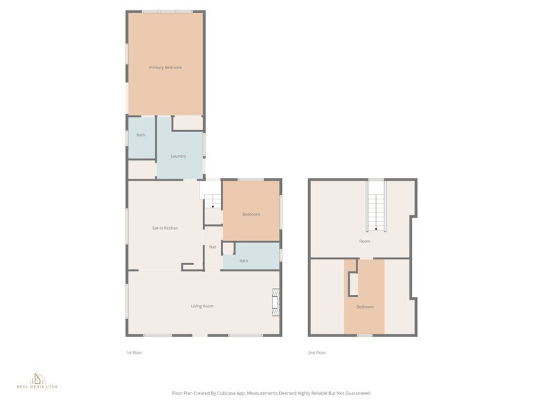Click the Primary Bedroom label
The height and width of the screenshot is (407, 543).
pyautogui.click(x=166, y=67)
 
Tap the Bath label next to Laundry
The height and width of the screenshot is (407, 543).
pyautogui.click(x=141, y=135)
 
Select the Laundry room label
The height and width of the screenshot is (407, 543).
pyautogui.click(x=178, y=156)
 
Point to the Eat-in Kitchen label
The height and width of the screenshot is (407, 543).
pyautogui.click(x=165, y=228)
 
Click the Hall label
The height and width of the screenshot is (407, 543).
pyautogui.click(x=213, y=247)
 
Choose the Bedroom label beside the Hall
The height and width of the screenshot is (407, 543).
pyautogui.click(x=251, y=215)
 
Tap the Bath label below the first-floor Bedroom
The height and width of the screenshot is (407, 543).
pyautogui.click(x=244, y=261)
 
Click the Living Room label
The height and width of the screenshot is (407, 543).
pyautogui.click(x=202, y=306)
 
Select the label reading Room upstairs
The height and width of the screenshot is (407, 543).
pyautogui.click(x=364, y=242)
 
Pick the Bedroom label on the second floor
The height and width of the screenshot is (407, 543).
pyautogui.click(x=364, y=307)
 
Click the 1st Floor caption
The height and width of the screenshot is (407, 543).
pyautogui.click(x=134, y=353)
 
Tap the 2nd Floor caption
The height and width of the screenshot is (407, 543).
pyautogui.click(x=317, y=353)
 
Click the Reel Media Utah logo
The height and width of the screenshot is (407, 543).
pyautogui.click(x=38, y=379)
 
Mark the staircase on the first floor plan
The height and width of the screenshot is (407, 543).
pyautogui.click(x=213, y=202)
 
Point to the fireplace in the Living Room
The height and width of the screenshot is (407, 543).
pyautogui.click(x=276, y=302)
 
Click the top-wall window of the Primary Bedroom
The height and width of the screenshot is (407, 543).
pyautogui.click(x=167, y=11)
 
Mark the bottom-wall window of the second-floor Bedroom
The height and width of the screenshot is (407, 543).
pyautogui.click(x=364, y=336)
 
